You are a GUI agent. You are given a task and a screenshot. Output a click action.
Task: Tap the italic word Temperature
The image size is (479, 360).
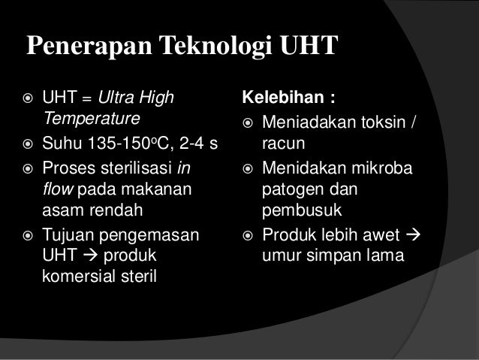[92, 118]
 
